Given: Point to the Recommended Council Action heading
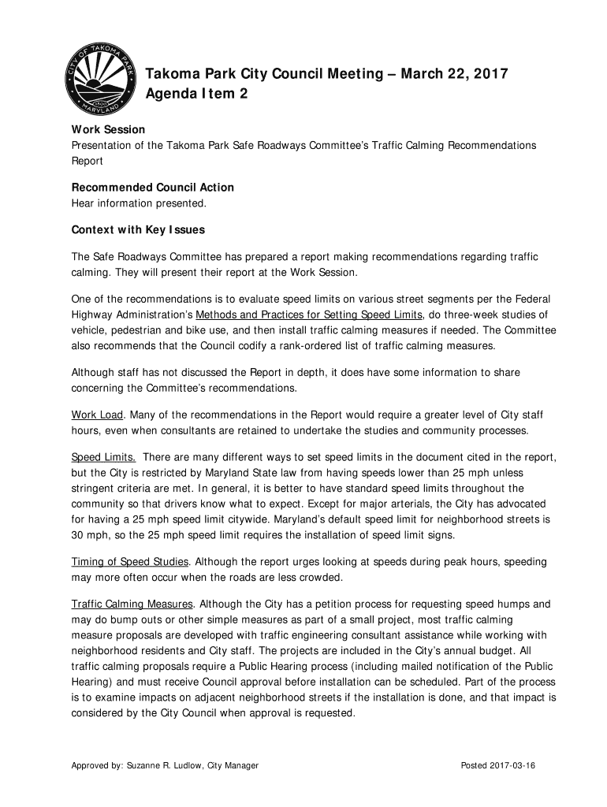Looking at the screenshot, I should tap(152, 188).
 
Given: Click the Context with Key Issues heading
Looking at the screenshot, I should tap(138, 230).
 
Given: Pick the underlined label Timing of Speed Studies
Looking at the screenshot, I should tap(130, 562).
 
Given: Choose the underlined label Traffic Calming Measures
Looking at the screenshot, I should tap(132, 604).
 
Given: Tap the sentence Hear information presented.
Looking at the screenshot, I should tap(139, 203).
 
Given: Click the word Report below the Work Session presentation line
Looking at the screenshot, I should tap(88, 161).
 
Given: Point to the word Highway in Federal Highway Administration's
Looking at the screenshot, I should tap(91, 315).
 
